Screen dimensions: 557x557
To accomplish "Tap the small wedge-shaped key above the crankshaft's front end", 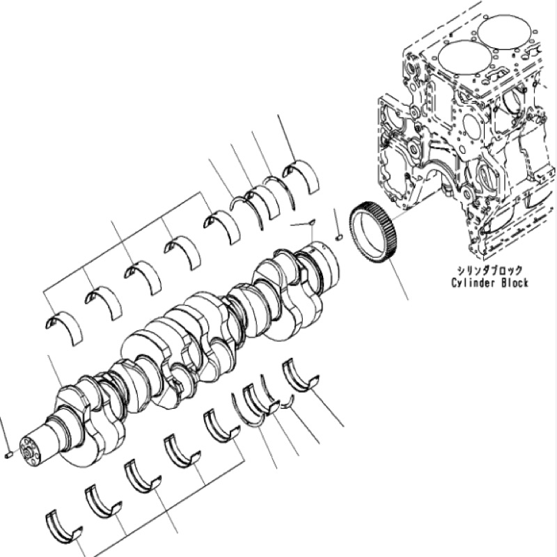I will tap(308, 223).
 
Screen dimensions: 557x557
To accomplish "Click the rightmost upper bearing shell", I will tap(301, 174).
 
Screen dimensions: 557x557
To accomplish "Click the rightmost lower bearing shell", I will tap(300, 375).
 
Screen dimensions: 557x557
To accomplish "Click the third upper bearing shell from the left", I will tap(142, 276).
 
